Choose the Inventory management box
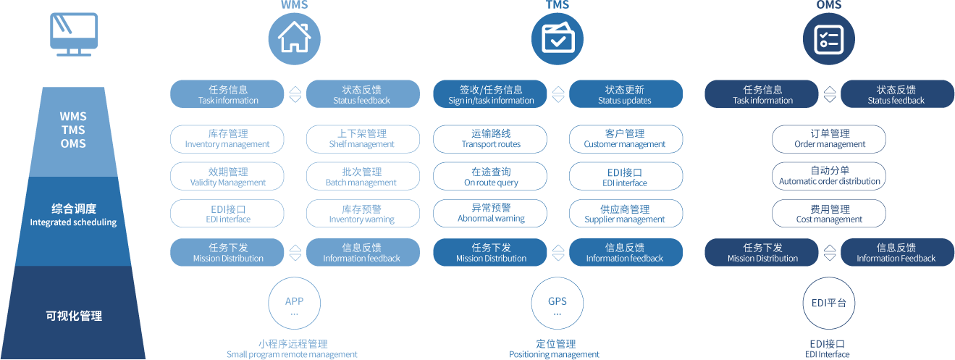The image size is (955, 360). pos(227,138)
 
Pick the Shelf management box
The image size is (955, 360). pos(363,138)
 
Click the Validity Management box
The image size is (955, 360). pos(227,177)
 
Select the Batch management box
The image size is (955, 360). pos(363,177)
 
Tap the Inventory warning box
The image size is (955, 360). pos(363,214)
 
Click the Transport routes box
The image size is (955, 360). pos(491,138)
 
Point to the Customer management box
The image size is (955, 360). pos(626,138)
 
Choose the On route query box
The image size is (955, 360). pos(491,177)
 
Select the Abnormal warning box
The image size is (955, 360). pos(491,213)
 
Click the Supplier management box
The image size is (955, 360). pos(626,214)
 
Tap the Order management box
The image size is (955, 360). pos(829,138)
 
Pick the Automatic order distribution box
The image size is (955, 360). pos(829,176)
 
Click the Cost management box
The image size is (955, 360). pos(829,214)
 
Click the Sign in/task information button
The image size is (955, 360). pos(491,94)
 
